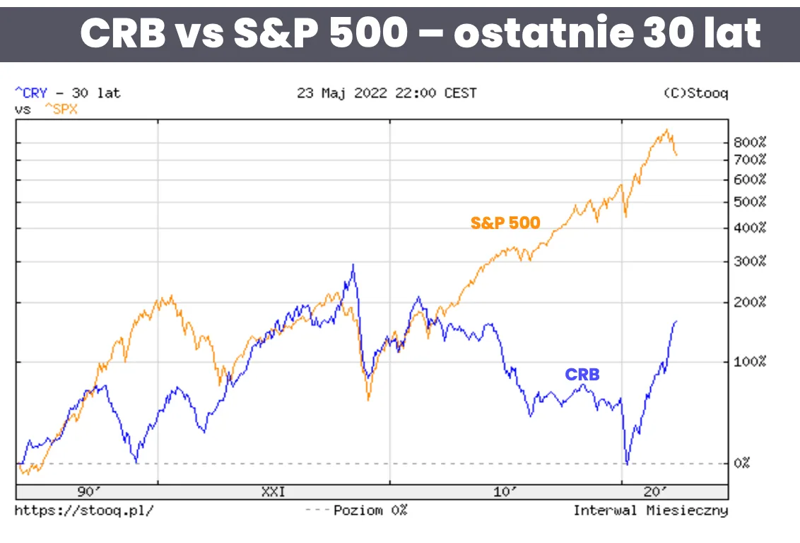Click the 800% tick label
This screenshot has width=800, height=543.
[x=750, y=142]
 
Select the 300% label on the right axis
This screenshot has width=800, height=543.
[x=750, y=262]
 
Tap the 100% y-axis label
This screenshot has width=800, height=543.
[x=750, y=362]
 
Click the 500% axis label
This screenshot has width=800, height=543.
[x=750, y=202]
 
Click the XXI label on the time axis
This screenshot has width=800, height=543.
[x=273, y=492]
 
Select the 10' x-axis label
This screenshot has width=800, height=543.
[x=505, y=492]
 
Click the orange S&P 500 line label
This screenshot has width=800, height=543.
[x=505, y=223]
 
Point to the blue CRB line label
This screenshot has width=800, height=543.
[x=582, y=375]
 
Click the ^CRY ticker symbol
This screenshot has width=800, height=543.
[x=31, y=93]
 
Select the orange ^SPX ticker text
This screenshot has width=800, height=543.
[x=61, y=110]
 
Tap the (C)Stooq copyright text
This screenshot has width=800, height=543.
[x=695, y=93]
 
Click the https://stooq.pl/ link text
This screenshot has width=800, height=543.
[x=83, y=510]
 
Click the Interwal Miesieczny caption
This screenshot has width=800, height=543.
[x=650, y=510]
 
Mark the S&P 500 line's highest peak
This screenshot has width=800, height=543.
[x=666, y=130]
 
